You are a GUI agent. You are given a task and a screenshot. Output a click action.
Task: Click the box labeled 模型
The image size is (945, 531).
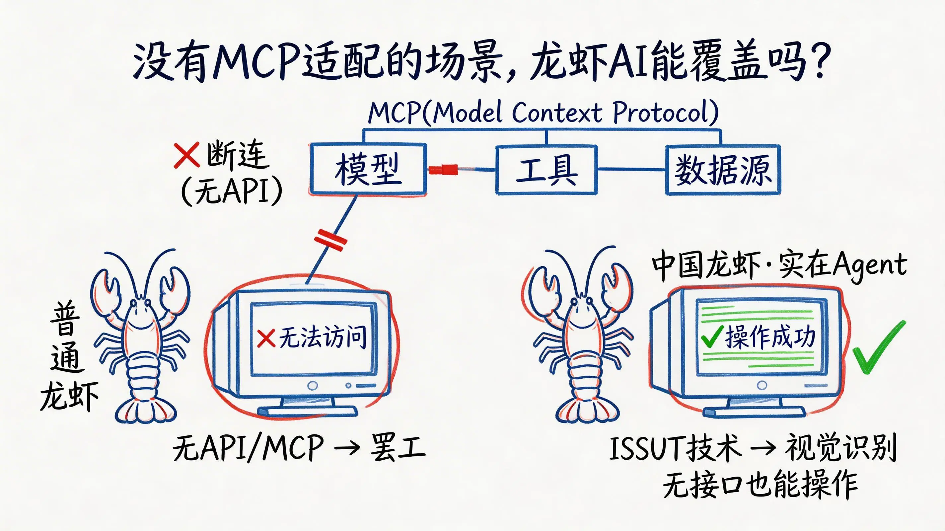pyautogui.click(x=368, y=169)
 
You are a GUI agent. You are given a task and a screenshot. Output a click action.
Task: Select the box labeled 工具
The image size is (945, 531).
pyautogui.click(x=546, y=169)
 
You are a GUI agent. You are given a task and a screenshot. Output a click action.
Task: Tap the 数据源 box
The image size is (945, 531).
pyautogui.click(x=723, y=169)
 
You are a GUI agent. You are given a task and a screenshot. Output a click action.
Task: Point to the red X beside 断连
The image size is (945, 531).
pyautogui.click(x=186, y=155)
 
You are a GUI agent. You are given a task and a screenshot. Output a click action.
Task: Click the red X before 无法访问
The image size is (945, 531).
pyautogui.click(x=266, y=338)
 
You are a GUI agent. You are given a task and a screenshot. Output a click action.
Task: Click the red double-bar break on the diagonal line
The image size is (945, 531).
pyautogui.click(x=330, y=240)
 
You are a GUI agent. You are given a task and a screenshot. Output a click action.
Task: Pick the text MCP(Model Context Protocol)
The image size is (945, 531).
pyautogui.click(x=543, y=112)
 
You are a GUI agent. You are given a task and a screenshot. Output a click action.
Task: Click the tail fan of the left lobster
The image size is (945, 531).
pyautogui.click(x=145, y=411)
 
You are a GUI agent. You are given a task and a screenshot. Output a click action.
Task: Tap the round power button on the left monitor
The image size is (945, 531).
pyautogui.click(x=313, y=385)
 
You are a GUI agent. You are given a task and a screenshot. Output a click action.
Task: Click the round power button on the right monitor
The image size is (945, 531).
pyautogui.click(x=762, y=385)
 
